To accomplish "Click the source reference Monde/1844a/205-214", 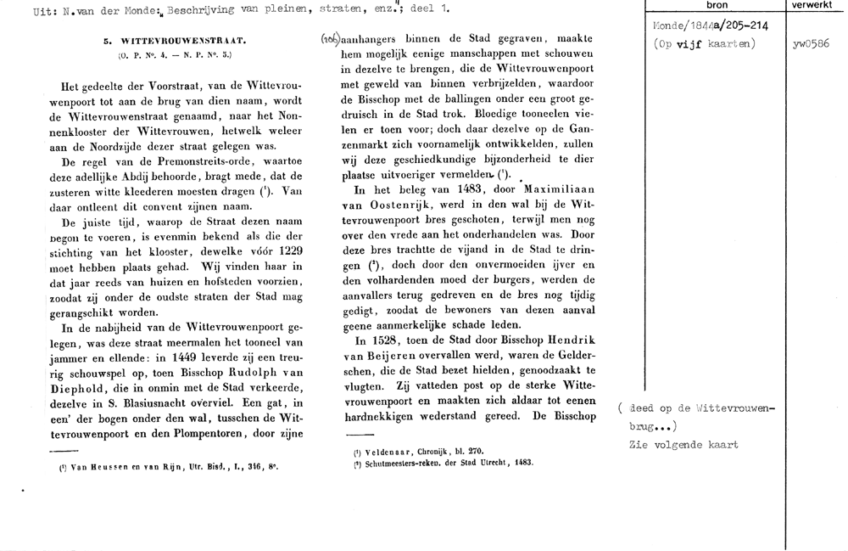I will click(x=700, y=27).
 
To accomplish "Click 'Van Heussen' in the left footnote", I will click(x=83, y=466).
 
